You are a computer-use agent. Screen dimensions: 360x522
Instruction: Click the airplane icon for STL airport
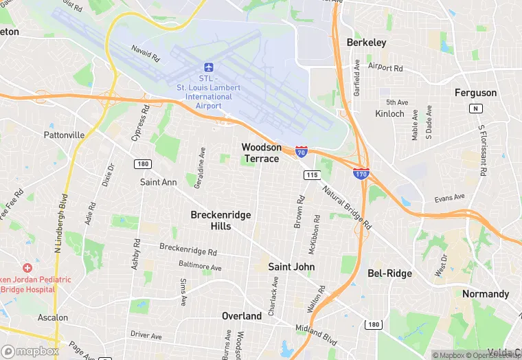coord(209,67)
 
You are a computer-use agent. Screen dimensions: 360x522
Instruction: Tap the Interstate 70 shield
coord(301,150)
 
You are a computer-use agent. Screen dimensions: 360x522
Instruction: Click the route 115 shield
coord(312,176)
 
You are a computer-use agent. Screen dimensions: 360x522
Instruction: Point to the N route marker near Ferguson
coord(475,109)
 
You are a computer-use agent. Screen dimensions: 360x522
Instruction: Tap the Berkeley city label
coord(366,43)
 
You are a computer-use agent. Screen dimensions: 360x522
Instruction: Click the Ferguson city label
coord(475,93)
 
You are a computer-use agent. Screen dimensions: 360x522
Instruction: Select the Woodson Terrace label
coord(261,153)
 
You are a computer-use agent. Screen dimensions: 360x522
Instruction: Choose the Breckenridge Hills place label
coord(220,221)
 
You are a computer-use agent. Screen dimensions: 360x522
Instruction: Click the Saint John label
coord(291,267)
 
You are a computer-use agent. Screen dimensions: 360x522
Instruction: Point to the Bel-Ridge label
coord(389,273)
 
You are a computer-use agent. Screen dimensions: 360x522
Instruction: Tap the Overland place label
coord(242,316)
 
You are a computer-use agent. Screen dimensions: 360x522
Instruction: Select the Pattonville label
coord(64,135)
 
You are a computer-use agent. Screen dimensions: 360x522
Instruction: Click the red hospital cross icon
coord(27,267)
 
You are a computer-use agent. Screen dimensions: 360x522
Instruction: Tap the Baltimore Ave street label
coord(200,267)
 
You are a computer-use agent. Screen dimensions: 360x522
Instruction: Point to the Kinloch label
coord(390,113)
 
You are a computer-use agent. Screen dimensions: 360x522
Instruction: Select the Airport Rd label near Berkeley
coord(385,67)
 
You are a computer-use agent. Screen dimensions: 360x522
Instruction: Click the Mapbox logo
coord(31,351)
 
